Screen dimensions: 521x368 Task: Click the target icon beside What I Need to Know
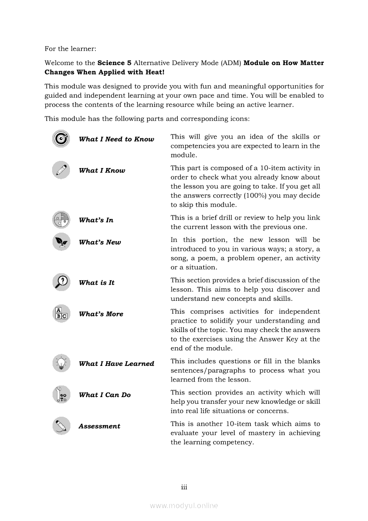[x=61, y=139]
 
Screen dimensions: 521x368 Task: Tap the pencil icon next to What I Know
[x=61, y=170]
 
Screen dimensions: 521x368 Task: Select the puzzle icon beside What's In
[x=61, y=219]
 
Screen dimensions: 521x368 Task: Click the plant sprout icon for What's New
[x=61, y=242]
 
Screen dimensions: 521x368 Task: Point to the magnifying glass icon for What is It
[x=61, y=282]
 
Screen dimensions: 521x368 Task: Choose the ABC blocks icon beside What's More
[x=61, y=313]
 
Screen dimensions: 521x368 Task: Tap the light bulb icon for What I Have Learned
[x=61, y=363]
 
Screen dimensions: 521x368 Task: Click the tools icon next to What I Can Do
[x=61, y=394]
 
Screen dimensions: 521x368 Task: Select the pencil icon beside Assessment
[x=61, y=426]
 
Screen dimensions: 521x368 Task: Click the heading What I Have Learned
[x=116, y=364]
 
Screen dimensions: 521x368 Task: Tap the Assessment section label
[x=99, y=426]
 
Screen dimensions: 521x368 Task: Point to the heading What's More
[x=101, y=314]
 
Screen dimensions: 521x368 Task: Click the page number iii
[x=184, y=487]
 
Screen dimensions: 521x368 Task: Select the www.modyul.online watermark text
[x=184, y=505]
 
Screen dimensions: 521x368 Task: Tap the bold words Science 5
[x=114, y=63]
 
